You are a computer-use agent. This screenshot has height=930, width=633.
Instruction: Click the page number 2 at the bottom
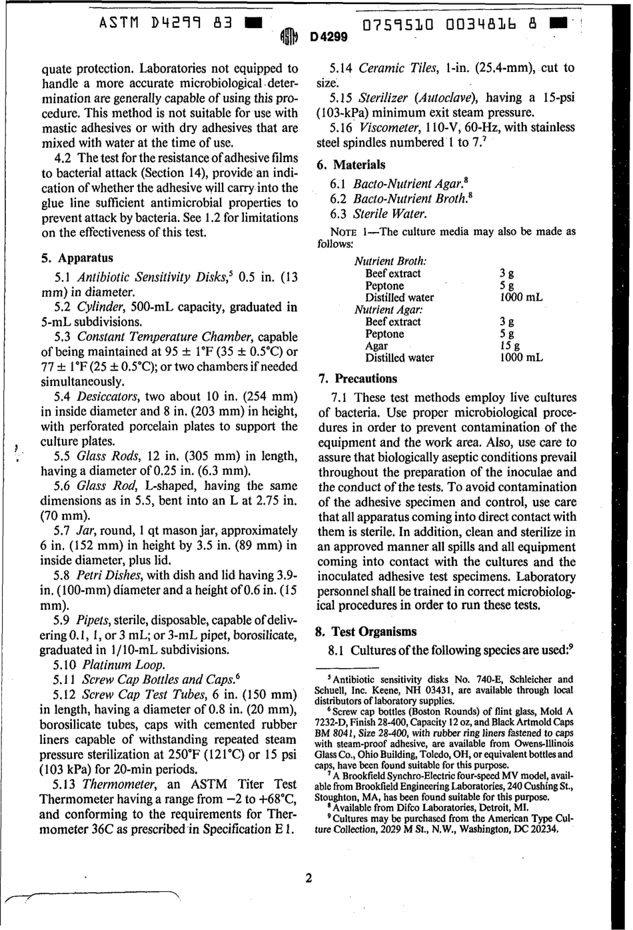(309, 878)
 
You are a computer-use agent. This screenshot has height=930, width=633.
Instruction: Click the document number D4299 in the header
(328, 38)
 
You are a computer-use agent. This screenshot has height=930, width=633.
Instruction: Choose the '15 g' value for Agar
(506, 346)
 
